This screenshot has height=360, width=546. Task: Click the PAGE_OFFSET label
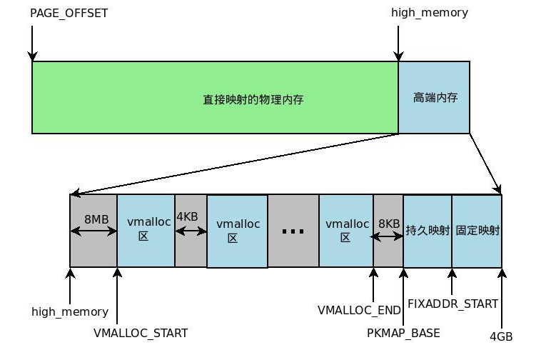69,13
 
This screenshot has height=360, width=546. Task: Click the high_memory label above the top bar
430,13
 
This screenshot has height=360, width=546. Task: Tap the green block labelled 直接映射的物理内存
215,98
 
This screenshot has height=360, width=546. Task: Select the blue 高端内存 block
434,98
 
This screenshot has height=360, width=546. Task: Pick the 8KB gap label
390,223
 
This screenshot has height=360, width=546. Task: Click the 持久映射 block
428,231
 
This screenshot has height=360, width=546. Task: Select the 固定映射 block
477,231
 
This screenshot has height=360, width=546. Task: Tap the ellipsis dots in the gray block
293,231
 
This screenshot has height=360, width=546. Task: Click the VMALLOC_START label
141,333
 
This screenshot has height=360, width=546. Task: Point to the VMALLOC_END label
359,311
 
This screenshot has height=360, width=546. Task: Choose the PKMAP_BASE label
403,333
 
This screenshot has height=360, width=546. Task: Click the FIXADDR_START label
453,304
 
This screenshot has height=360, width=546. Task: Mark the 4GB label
500,336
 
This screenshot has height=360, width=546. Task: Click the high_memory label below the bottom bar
70,311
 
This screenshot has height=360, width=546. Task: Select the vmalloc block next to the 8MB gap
146,230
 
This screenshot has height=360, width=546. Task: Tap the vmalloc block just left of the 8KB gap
346,230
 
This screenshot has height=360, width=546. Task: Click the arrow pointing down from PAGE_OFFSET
32,44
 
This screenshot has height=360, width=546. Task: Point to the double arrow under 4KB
191,231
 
